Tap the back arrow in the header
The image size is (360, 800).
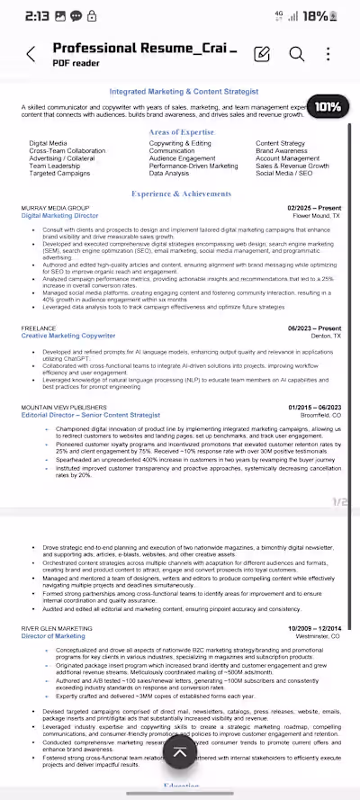pos(31,54)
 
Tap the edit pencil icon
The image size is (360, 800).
pos(262,54)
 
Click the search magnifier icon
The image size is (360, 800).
pos(296,54)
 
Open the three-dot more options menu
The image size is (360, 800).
pos(328,54)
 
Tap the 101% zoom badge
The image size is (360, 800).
pos(328,107)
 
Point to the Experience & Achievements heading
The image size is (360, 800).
pos(181,193)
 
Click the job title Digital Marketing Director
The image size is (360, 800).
pos(60,217)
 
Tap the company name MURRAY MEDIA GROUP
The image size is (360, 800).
pos(55,208)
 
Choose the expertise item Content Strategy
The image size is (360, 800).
pos(280,143)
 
